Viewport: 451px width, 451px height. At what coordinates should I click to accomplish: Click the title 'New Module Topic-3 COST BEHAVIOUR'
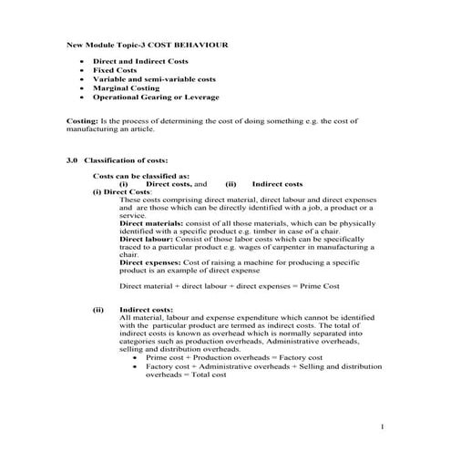(149, 44)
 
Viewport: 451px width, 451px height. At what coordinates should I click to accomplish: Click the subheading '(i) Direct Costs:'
(122, 192)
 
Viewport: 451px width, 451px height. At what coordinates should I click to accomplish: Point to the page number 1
(384, 427)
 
